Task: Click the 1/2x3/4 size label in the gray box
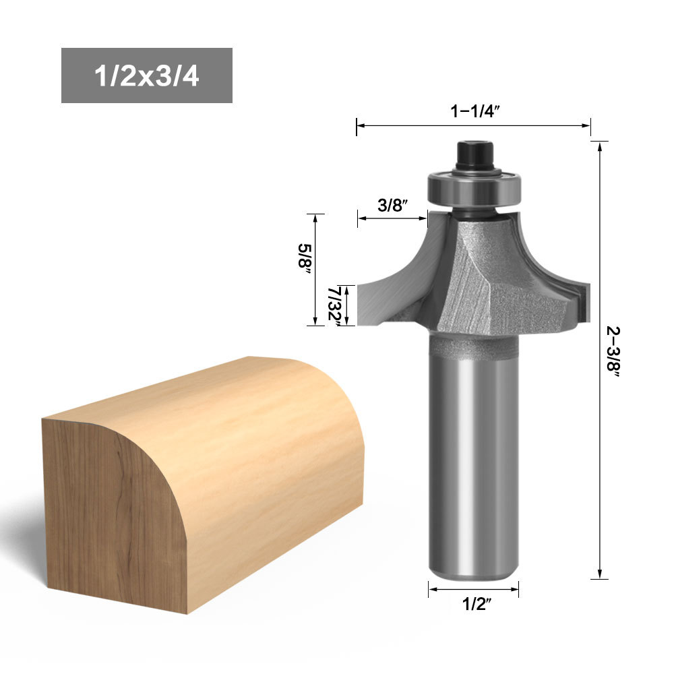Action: click(146, 76)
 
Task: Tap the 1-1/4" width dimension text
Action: click(475, 111)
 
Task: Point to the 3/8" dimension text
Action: click(392, 205)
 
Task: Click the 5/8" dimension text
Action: click(305, 255)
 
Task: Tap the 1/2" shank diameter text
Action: click(477, 604)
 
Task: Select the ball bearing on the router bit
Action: click(474, 187)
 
